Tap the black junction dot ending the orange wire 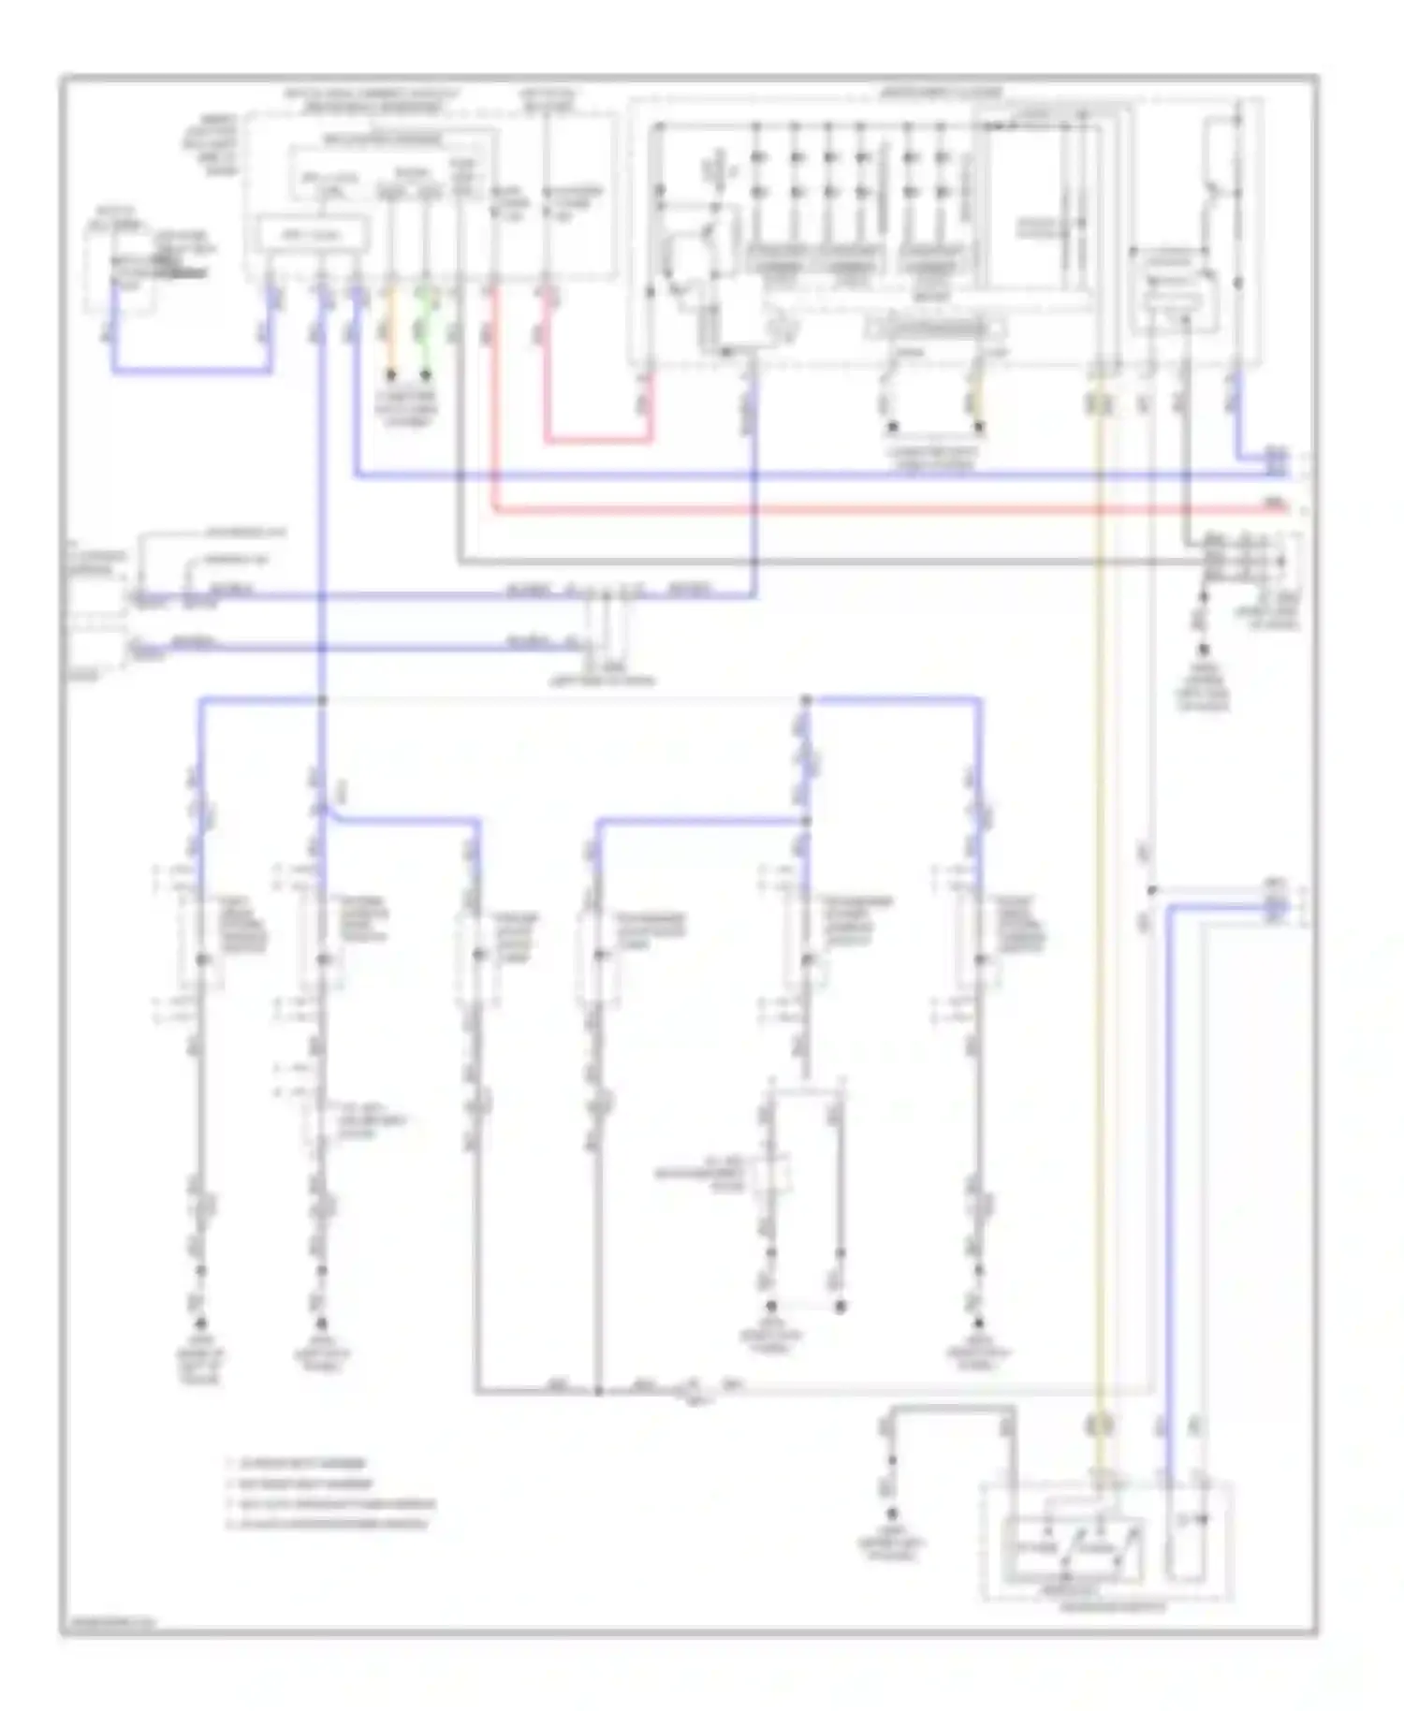(x=392, y=375)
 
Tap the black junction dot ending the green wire (x=426, y=375)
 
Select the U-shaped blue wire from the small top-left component (x=187, y=372)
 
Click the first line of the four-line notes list (x=300, y=1462)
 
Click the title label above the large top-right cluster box (x=941, y=93)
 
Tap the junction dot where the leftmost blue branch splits (x=322, y=700)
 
